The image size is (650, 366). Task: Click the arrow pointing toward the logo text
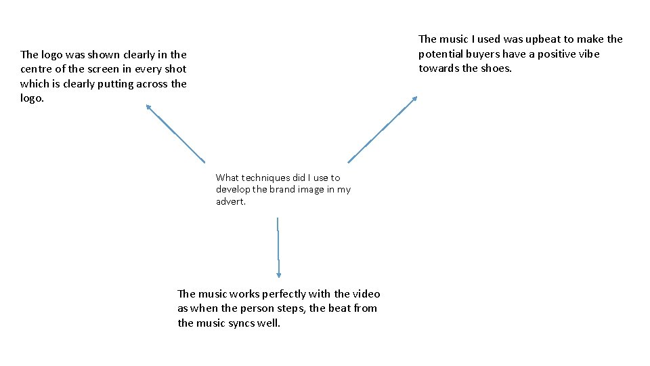coord(175,133)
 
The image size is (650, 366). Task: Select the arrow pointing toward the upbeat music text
coord(383,129)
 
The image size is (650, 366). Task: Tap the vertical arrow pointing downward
coord(278,247)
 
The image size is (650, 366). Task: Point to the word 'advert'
coord(230,201)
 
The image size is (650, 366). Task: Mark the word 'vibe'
coord(587,54)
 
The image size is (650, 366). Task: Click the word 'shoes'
coord(496,68)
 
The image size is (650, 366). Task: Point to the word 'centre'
coord(38,69)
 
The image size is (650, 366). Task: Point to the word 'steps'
coord(288,308)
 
